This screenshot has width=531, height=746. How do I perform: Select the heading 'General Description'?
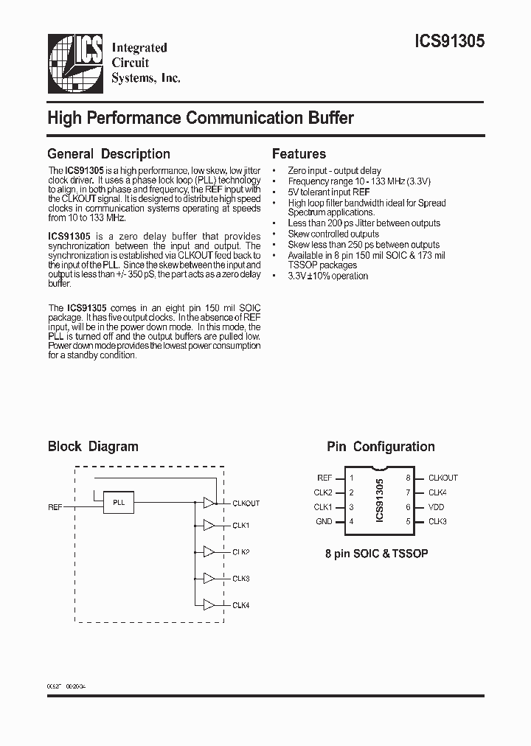[x=108, y=154]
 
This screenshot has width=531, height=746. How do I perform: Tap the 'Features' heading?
[x=299, y=154]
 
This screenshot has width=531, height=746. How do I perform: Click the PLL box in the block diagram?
[x=119, y=502]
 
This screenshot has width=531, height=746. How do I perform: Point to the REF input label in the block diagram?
[x=55, y=507]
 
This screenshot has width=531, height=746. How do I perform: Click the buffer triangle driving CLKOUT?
[x=209, y=503]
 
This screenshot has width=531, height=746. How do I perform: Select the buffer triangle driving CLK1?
[x=209, y=526]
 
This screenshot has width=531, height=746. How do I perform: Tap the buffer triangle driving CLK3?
[x=209, y=579]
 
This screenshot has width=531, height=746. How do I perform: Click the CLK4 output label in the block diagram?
[x=241, y=605]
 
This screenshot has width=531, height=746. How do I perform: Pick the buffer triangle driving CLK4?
[x=209, y=605]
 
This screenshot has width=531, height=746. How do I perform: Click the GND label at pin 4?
[x=324, y=521]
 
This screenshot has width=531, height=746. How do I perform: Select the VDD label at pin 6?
[x=437, y=507]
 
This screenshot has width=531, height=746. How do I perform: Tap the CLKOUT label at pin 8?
[x=443, y=478]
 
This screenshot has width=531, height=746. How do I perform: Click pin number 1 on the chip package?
[x=352, y=478]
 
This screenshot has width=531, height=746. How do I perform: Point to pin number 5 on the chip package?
[x=408, y=521]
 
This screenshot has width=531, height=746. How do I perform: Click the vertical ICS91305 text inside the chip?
[x=380, y=500]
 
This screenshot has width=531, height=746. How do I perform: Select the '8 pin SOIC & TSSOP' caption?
[x=377, y=553]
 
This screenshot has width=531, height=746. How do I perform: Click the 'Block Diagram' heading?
[x=93, y=446]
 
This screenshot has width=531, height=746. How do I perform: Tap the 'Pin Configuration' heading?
[x=381, y=446]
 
